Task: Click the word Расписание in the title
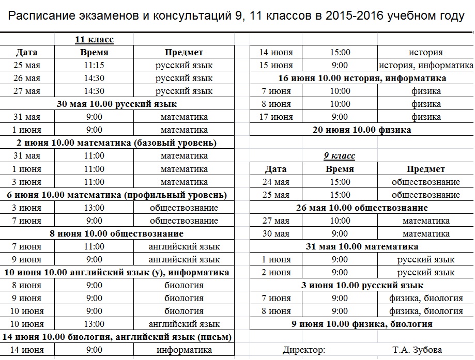pyautogui.click(x=42, y=16)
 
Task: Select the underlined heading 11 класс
pyautogui.click(x=94, y=39)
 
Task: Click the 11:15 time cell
pyautogui.click(x=94, y=65)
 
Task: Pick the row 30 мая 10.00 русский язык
pyautogui.click(x=117, y=104)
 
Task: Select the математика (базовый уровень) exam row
pyautogui.click(x=117, y=143)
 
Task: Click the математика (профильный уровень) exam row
pyautogui.click(x=117, y=195)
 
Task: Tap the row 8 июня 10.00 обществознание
pyautogui.click(x=117, y=233)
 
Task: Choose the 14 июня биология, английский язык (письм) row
pyautogui.click(x=117, y=337)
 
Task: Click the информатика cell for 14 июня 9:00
pyautogui.click(x=184, y=350)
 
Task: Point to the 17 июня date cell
pyautogui.click(x=275, y=117)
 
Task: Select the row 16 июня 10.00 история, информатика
pyautogui.click(x=362, y=78)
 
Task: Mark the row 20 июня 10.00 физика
pyautogui.click(x=362, y=130)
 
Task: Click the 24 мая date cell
pyautogui.click(x=275, y=182)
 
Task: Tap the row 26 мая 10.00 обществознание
pyautogui.click(x=362, y=208)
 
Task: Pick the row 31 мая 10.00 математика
pyautogui.click(x=362, y=246)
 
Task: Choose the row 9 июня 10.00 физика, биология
pyautogui.click(x=362, y=324)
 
